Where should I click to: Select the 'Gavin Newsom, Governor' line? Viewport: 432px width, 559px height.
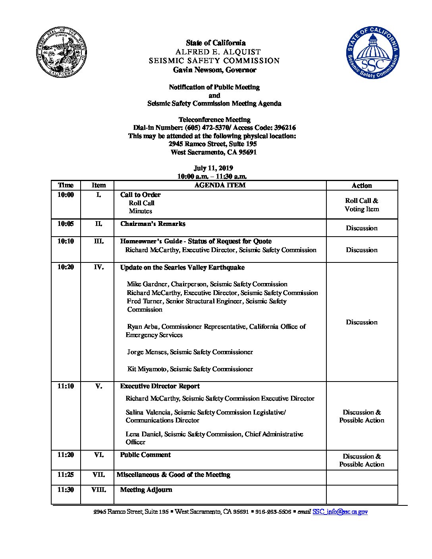pos(214,70)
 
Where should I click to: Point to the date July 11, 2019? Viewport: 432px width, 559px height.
pos(213,168)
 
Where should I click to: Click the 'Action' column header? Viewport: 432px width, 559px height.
pos(362,185)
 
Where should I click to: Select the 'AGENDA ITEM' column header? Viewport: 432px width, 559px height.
pos(220,185)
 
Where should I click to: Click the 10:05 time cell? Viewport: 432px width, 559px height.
pos(66,224)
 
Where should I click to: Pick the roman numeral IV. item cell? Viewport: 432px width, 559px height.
pos(99,267)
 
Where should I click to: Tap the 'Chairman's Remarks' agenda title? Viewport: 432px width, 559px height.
pos(153,224)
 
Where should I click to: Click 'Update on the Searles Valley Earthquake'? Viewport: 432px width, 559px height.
pos(182,267)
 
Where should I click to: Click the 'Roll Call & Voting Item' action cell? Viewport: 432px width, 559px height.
pos(362,205)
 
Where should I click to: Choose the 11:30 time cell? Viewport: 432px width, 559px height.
pos(66,490)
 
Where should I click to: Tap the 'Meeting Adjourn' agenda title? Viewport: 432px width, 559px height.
pos(146,490)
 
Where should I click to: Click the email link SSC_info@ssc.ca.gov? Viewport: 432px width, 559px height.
pos(340,512)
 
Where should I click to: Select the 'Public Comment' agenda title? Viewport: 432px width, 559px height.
pos(145,455)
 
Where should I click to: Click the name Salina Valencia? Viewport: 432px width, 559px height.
pos(148,413)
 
